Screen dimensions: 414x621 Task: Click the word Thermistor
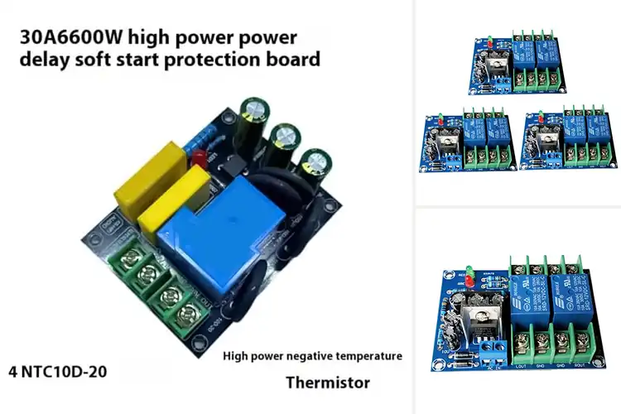328,383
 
